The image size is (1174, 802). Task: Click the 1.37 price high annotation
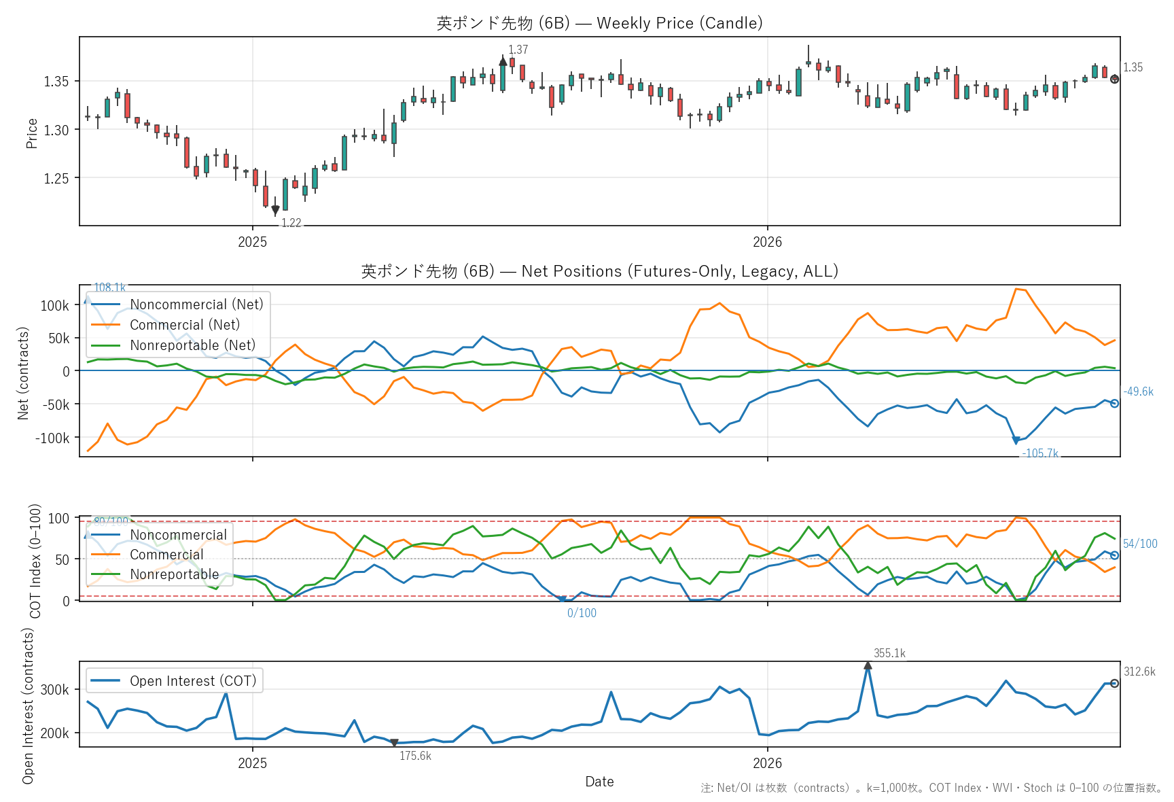[518, 50]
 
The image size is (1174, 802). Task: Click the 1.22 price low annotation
[291, 223]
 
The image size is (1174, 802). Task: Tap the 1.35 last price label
[1133, 67]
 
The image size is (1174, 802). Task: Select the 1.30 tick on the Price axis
[56, 130]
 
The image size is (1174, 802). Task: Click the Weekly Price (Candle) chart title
[599, 23]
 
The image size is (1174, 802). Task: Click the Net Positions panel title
[599, 271]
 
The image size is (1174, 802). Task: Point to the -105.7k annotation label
[1040, 453]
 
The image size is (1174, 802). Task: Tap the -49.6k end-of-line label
[1138, 391]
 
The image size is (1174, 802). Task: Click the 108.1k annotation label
[109, 287]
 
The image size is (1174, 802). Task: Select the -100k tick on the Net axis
[52, 438]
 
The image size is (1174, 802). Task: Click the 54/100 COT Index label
[1140, 544]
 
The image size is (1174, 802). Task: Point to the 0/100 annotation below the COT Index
[582, 613]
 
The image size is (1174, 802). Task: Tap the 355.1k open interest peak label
[889, 653]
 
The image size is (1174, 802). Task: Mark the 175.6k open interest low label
[415, 756]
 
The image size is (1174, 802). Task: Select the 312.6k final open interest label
[1139, 672]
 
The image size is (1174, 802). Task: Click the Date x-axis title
[599, 782]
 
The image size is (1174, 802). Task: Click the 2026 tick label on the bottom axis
[767, 763]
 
